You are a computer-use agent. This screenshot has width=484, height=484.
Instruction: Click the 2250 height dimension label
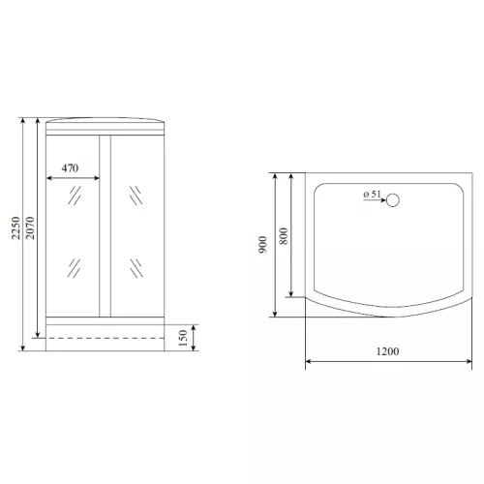pos(15,227)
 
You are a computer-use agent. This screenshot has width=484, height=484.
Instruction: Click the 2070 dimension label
pos(30,227)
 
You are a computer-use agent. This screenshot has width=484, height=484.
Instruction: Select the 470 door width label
pos(70,168)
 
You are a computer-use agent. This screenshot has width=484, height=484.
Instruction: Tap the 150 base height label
pos(183,338)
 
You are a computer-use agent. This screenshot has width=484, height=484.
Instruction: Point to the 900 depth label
pos(263,245)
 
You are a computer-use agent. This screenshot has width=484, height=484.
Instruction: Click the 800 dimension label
pos(284,236)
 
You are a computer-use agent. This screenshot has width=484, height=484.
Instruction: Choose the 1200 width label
pos(387,351)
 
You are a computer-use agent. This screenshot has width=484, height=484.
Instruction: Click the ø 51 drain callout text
pos(372,195)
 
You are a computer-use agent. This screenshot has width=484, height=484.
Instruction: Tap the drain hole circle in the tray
pos(393,200)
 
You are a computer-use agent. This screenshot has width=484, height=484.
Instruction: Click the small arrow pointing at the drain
pos(375,200)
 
